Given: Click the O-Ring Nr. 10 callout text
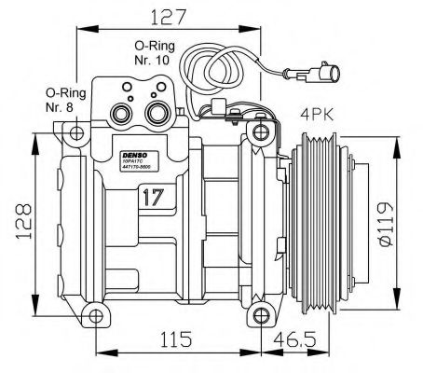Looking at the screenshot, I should [x=151, y=52].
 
